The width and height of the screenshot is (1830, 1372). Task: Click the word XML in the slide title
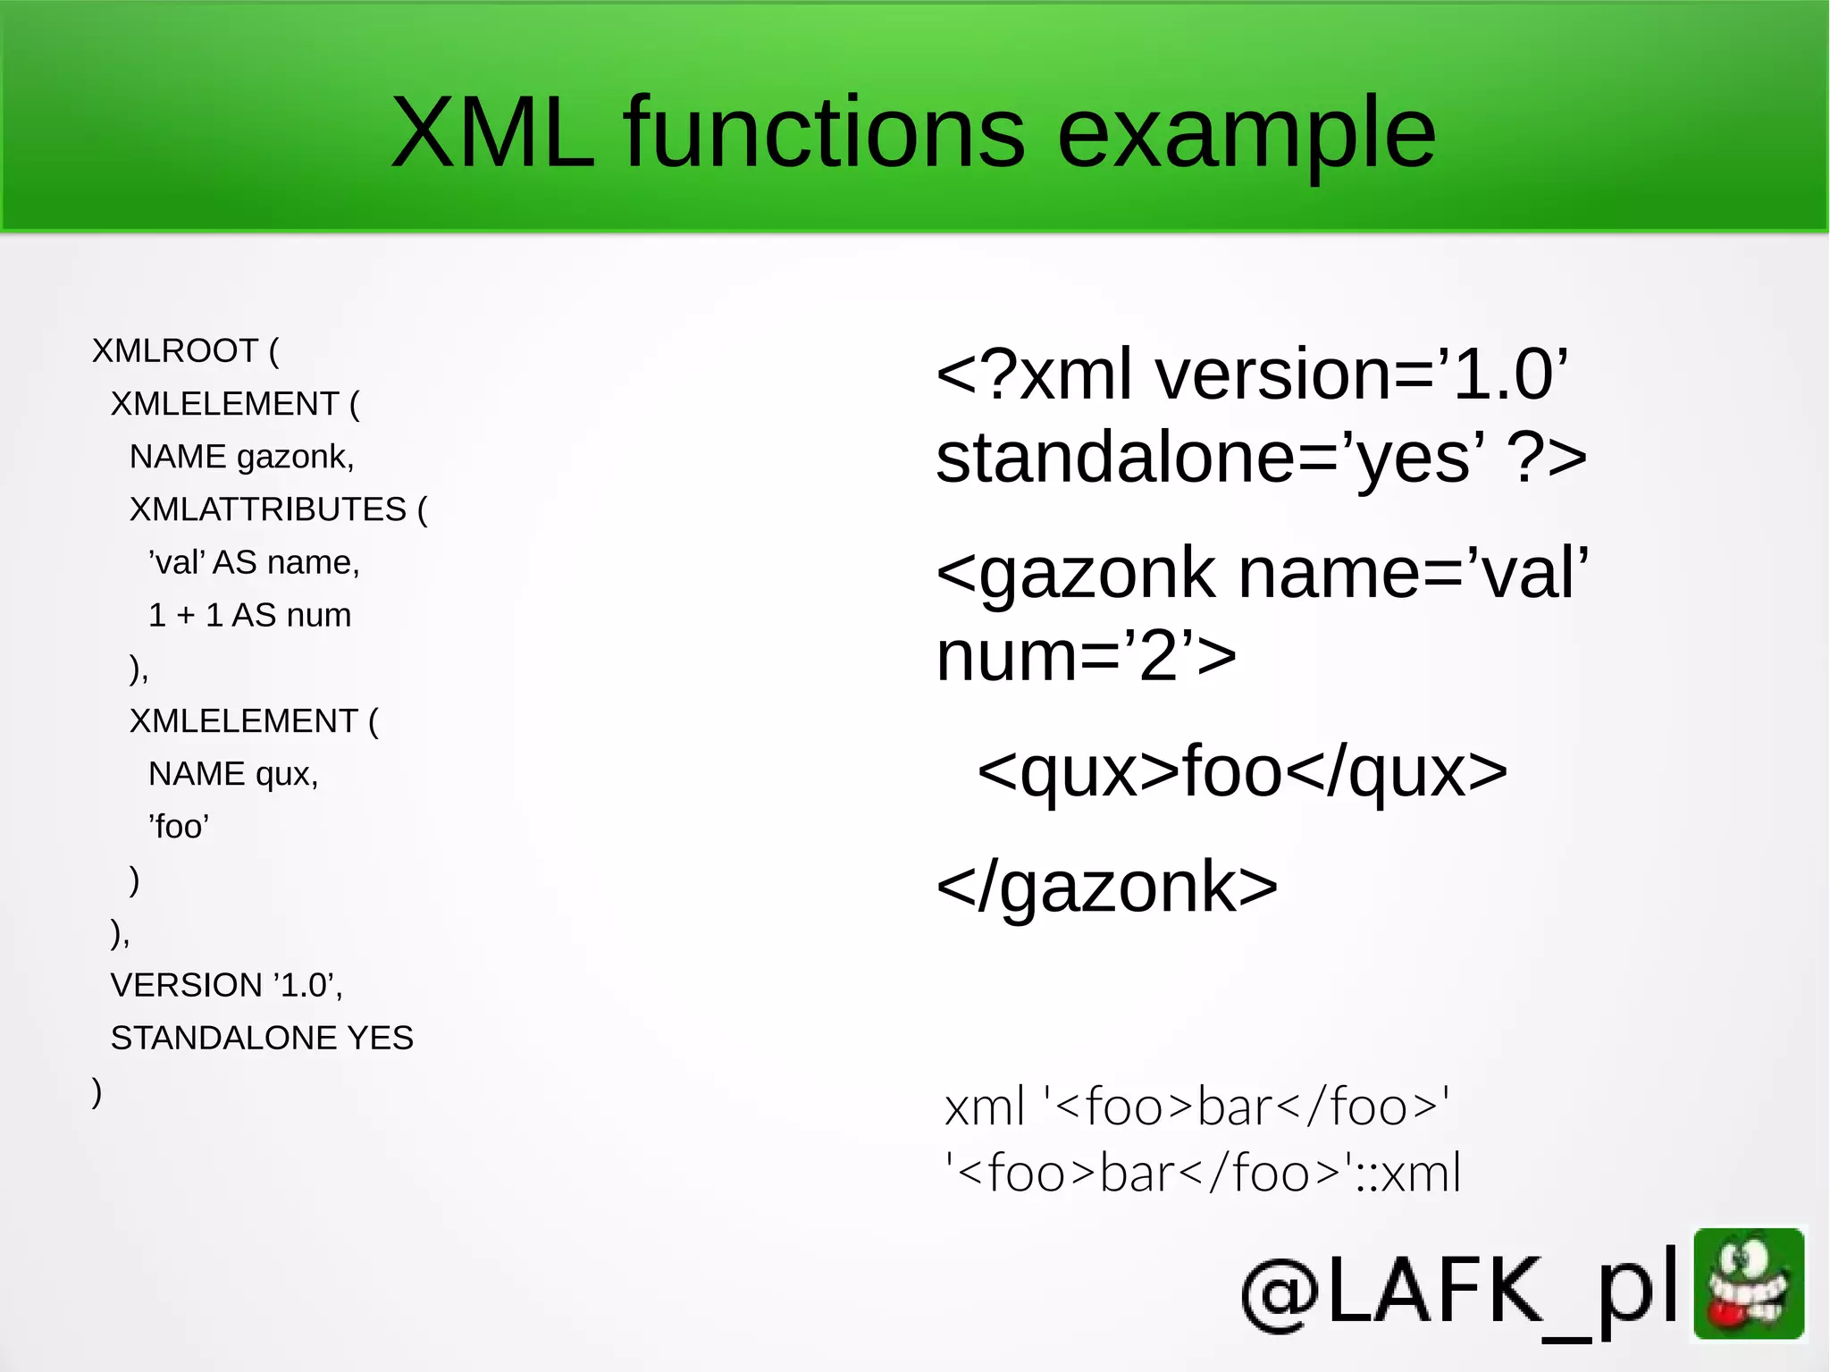pyautogui.click(x=492, y=133)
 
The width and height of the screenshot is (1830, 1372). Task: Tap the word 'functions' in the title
pyautogui.click(x=825, y=133)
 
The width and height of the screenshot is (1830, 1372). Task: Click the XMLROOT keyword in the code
pyautogui.click(x=175, y=351)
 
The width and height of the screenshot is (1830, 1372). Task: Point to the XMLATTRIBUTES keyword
pyautogui.click(x=268, y=509)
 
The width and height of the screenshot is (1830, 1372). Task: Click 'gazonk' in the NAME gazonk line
pyautogui.click(x=295, y=458)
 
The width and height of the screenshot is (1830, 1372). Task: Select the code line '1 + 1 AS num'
pyautogui.click(x=249, y=615)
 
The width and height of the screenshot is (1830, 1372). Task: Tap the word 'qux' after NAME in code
pyautogui.click(x=286, y=774)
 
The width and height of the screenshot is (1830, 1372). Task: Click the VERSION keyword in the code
pyautogui.click(x=187, y=985)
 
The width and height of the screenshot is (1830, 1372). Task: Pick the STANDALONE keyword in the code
pyautogui.click(x=223, y=1038)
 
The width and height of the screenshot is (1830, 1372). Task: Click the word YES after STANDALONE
pyautogui.click(x=381, y=1038)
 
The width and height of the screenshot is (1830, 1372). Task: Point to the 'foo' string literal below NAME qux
pyautogui.click(x=179, y=827)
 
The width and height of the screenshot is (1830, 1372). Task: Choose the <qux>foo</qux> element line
pyautogui.click(x=1242, y=771)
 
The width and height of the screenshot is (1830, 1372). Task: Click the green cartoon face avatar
pyautogui.click(x=1749, y=1284)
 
